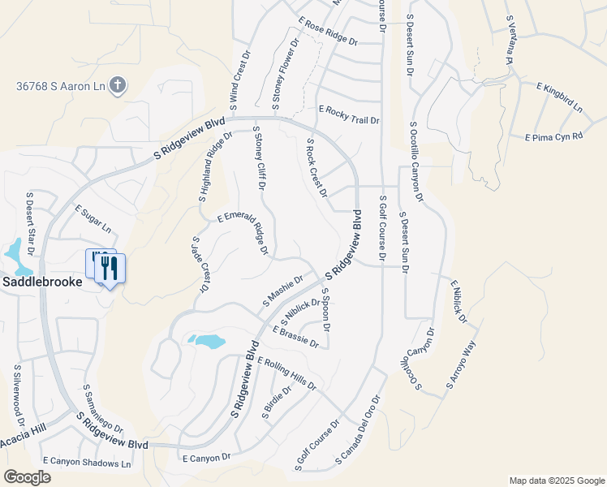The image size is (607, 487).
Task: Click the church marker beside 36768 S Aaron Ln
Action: coord(118,84)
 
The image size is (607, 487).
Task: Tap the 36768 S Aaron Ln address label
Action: coord(61,85)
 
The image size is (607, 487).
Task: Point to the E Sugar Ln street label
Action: coord(93,218)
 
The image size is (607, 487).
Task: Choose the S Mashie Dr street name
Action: coord(282,290)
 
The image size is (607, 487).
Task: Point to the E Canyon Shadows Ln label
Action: coord(87,463)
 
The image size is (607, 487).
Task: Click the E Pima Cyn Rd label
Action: coord(554,137)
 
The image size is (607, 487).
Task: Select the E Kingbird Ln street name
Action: coord(559,96)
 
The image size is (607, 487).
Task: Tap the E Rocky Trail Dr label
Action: coord(349,114)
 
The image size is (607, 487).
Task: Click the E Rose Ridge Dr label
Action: coord(328,32)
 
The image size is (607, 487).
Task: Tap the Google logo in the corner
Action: coord(27,477)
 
